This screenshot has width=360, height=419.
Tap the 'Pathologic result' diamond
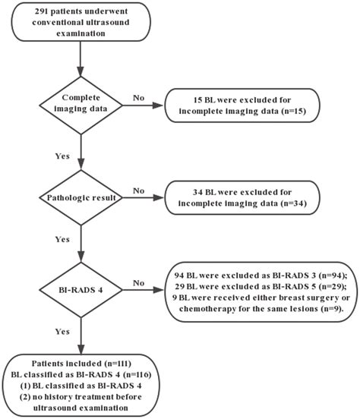click(x=81, y=199)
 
